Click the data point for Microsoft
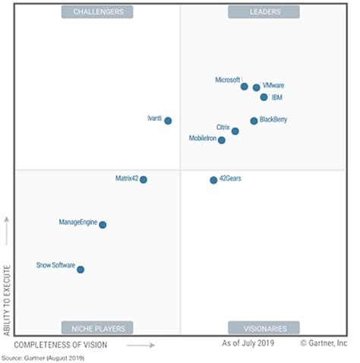(x=245, y=87)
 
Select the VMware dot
(x=257, y=87)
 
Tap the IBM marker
(x=264, y=97)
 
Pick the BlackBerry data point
(x=254, y=121)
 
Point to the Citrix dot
(x=235, y=131)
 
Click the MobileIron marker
(x=222, y=140)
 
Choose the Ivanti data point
(x=168, y=121)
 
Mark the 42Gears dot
(x=213, y=180)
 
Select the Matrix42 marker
(x=144, y=180)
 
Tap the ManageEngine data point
(x=103, y=225)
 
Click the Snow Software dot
(x=81, y=270)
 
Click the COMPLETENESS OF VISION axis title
(x=61, y=346)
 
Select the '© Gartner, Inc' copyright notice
(x=324, y=345)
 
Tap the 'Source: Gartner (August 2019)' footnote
(x=43, y=358)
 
